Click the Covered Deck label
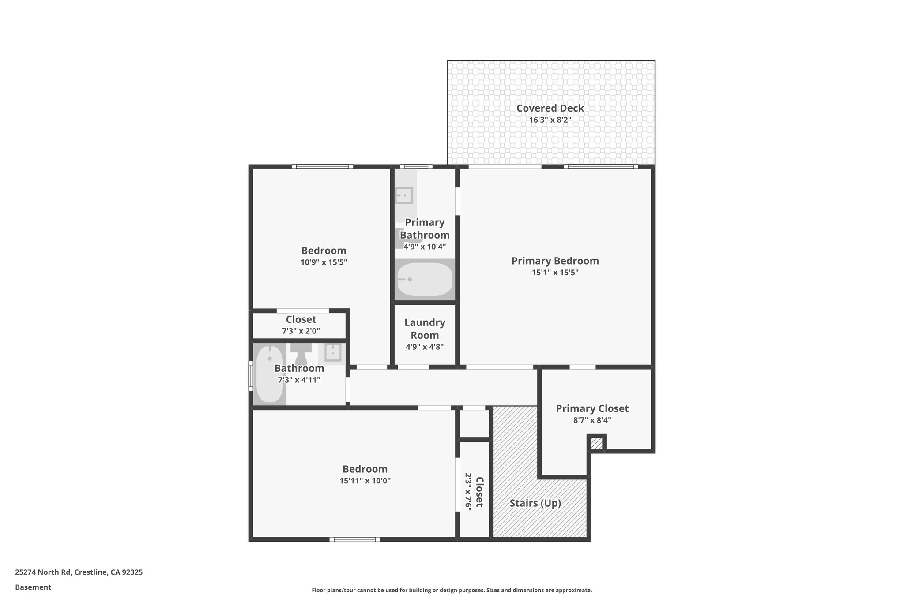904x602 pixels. coord(550,108)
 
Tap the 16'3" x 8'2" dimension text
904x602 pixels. coord(550,120)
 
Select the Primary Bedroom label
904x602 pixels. coord(555,261)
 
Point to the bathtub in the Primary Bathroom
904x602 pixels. coord(425,280)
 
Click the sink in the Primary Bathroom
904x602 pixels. coord(404,195)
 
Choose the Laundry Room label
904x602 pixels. coord(425,329)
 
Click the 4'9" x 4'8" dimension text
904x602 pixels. coord(425,347)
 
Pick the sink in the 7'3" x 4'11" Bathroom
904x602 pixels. coord(332,352)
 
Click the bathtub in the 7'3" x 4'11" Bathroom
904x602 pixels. coord(270,374)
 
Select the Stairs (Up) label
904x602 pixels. coord(535,503)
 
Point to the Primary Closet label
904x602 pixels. coord(592,408)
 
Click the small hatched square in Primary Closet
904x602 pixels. coord(596,443)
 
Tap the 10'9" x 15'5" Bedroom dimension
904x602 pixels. coord(324,262)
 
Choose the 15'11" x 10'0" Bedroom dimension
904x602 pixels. coord(365,481)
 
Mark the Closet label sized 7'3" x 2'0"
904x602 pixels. coord(301,319)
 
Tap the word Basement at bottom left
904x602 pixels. coord(33,587)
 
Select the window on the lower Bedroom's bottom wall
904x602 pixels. coord(354,539)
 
